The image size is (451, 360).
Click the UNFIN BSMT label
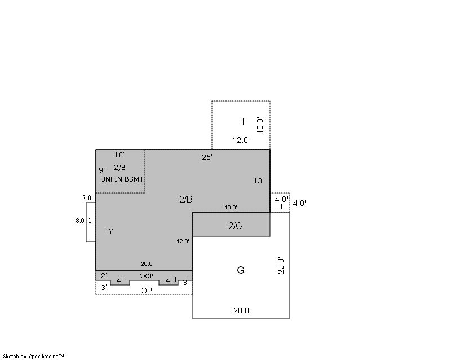pyautogui.click(x=122, y=179)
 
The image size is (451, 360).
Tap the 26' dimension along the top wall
pyautogui.click(x=207, y=157)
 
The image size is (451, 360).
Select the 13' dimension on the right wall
pyautogui.click(x=259, y=181)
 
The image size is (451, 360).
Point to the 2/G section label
pyautogui.click(x=235, y=226)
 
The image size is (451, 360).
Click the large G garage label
pyautogui.click(x=241, y=270)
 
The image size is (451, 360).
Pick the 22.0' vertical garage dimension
pyautogui.click(x=281, y=266)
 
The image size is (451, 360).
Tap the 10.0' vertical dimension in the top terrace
pyautogui.click(x=260, y=125)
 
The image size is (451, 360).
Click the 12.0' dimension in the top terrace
pyautogui.click(x=241, y=141)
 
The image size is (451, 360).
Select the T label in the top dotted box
pyautogui.click(x=244, y=121)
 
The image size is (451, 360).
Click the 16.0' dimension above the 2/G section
pyautogui.click(x=231, y=207)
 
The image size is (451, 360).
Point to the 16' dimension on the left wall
pyautogui.click(x=108, y=231)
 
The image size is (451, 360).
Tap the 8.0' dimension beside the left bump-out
pyautogui.click(x=81, y=221)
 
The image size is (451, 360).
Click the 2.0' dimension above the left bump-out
pyautogui.click(x=87, y=198)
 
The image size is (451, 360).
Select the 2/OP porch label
pyautogui.click(x=147, y=276)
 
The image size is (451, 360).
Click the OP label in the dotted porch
pyautogui.click(x=147, y=291)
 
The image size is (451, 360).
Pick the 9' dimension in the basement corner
pyautogui.click(x=102, y=170)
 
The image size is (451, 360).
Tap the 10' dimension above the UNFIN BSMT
pyautogui.click(x=120, y=155)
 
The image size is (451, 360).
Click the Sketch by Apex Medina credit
pyautogui.click(x=33, y=357)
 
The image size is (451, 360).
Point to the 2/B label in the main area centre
pyautogui.click(x=186, y=199)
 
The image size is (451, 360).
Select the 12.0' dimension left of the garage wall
pyautogui.click(x=183, y=242)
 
